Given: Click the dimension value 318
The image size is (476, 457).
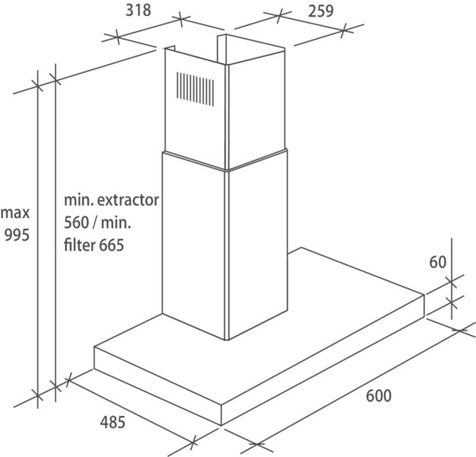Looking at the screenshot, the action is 139,11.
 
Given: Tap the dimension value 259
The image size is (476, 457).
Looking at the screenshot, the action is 321,11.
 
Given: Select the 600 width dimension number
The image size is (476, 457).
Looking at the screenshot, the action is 379,395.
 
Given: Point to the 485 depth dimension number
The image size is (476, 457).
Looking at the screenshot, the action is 113,422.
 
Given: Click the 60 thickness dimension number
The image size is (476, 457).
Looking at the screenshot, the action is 438,262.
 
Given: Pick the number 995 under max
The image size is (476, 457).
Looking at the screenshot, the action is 17,235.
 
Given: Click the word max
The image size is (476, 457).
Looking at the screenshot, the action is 15,213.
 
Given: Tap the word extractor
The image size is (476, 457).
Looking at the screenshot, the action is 128,200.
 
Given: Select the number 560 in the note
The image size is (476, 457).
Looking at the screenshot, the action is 76,223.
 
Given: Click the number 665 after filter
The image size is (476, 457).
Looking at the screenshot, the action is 111,245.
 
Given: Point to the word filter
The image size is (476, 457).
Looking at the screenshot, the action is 80,244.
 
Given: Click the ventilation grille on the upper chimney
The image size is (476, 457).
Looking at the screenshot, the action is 195,89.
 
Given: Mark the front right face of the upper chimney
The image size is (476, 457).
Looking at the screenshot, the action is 257,110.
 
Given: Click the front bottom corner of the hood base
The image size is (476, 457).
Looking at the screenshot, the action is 222,424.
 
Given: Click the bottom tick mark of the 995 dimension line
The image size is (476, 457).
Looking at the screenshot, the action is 37,395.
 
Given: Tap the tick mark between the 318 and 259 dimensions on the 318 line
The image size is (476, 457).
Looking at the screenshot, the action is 180,19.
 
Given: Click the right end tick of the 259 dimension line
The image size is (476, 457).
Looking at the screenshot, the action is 343,30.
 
